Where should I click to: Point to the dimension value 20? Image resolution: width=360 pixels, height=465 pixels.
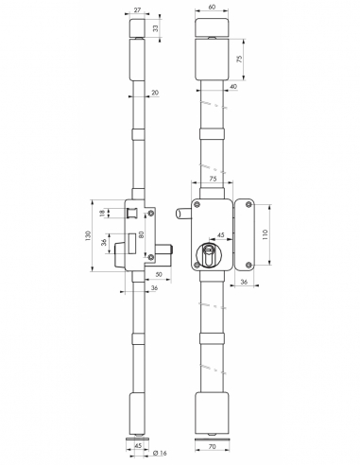click(x=155, y=93)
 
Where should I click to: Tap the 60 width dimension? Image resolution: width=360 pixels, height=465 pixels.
click(x=213, y=9)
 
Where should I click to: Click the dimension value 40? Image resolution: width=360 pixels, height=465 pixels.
click(x=231, y=87)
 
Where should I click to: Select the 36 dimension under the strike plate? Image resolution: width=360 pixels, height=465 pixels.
click(x=245, y=282)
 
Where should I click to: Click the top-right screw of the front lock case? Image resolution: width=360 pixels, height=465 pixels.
click(x=225, y=205)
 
